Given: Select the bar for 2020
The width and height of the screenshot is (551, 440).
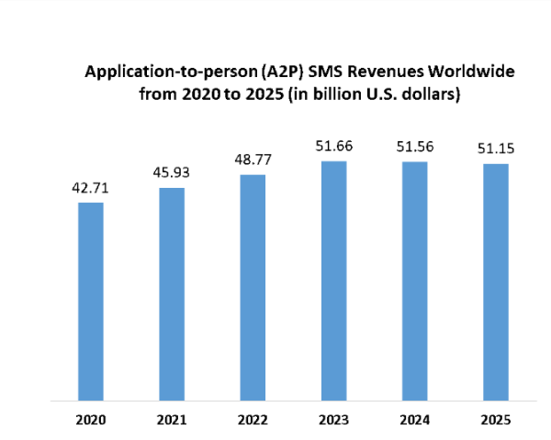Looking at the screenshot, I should click(x=91, y=302).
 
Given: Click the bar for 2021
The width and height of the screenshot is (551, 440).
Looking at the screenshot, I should click(x=172, y=294).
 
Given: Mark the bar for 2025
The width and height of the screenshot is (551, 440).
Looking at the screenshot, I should click(x=495, y=282).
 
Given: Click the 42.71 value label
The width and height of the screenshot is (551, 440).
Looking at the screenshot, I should click(x=91, y=189).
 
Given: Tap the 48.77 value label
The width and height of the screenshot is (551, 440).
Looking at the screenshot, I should click(x=253, y=160).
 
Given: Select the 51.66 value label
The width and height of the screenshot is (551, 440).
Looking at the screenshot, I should click(x=333, y=147).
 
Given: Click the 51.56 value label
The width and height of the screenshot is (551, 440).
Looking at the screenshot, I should click(x=414, y=148).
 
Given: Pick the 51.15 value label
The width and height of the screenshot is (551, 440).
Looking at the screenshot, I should click(x=495, y=149).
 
